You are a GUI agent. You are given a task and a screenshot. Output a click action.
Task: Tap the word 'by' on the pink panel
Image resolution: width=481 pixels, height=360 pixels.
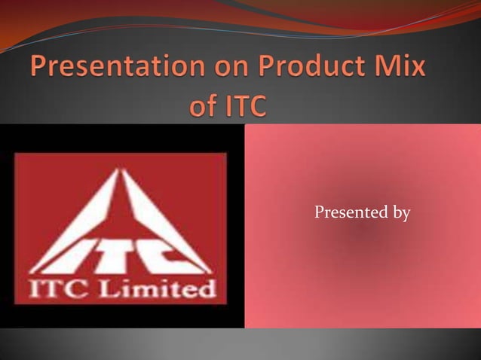(x=400, y=215)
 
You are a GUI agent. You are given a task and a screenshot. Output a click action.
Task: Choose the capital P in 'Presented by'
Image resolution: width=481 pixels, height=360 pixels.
(x=318, y=214)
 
